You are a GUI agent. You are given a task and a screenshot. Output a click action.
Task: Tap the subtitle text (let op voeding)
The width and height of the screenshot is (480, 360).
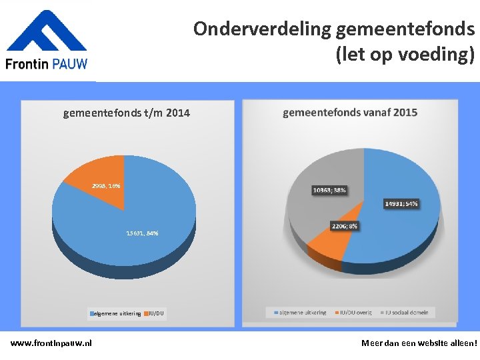405,53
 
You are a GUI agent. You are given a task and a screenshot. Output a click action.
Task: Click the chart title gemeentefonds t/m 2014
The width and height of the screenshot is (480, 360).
127,113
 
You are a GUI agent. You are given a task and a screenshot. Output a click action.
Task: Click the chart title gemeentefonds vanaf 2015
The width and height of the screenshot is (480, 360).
350,113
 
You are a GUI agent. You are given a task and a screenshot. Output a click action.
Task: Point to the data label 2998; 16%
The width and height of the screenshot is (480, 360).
106,186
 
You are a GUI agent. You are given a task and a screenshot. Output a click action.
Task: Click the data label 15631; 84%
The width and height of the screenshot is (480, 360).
142,233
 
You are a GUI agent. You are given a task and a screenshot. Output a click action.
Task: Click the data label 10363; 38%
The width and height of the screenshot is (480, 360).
329,191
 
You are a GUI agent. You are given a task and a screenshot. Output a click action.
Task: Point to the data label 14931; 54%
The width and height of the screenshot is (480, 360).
401,203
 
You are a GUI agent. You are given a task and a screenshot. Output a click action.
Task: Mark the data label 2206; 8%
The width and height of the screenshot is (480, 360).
345,226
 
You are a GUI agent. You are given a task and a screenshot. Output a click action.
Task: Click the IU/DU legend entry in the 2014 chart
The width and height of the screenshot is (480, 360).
153,313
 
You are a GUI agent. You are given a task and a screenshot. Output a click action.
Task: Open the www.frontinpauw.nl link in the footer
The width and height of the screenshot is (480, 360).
51,343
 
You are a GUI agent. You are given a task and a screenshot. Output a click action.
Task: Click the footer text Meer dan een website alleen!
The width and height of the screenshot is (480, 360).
419,343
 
